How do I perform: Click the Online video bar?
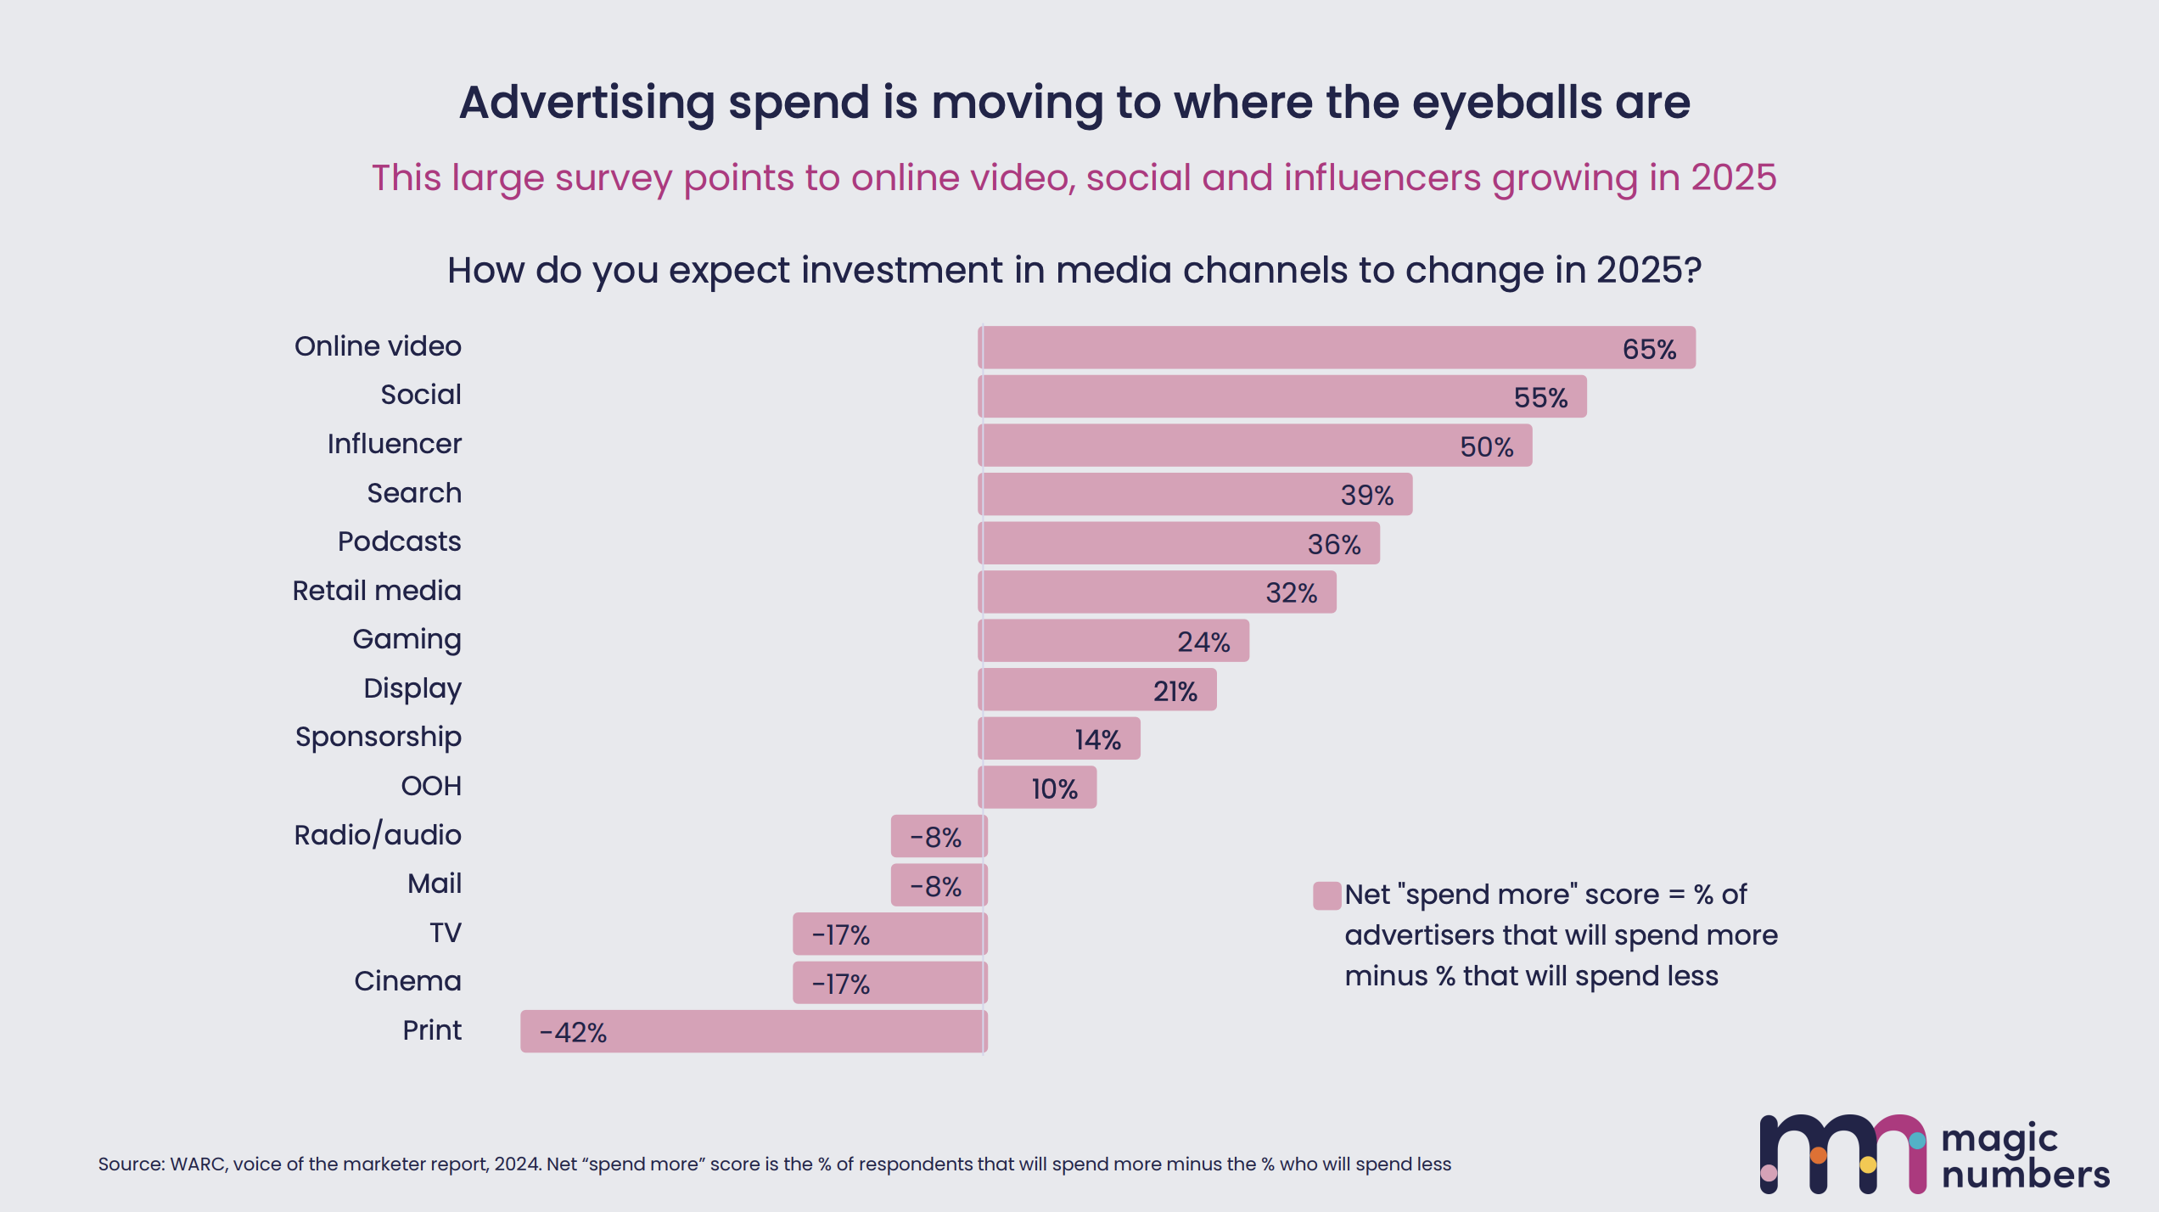[x=1337, y=347]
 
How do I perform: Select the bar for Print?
[x=754, y=1031]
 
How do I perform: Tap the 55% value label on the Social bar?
[x=1540, y=398]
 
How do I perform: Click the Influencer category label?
[x=395, y=444]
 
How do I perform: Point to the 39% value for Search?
[x=1367, y=496]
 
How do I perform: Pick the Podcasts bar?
[x=1179, y=543]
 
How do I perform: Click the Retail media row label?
[x=377, y=591]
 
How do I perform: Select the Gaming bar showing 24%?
[x=1113, y=641]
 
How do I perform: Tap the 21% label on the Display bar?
[x=1175, y=692]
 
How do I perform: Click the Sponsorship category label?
[x=379, y=738]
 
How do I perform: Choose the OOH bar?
[x=1037, y=788]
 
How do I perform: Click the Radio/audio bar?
[x=939, y=837]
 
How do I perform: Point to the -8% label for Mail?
[x=936, y=887]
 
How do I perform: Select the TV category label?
[x=446, y=933]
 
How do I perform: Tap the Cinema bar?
[x=890, y=983]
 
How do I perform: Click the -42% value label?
[x=573, y=1033]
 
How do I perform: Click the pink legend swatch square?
[x=1327, y=895]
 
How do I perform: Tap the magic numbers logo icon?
[x=1843, y=1154]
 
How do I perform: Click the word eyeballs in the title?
[x=1507, y=104]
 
